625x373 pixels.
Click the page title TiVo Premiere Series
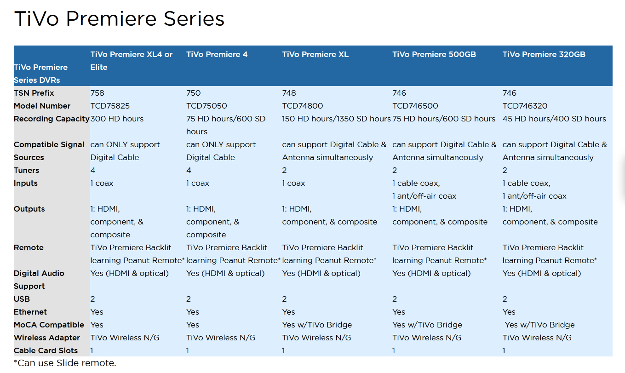point(119,19)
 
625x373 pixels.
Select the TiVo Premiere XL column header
point(315,54)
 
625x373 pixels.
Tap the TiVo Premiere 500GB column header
point(434,54)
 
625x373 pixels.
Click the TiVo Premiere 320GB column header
point(544,54)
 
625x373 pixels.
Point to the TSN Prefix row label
point(34,93)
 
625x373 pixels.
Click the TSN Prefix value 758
point(97,93)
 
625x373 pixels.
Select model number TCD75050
point(206,106)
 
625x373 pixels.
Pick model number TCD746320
point(525,106)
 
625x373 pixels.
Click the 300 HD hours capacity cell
point(117,119)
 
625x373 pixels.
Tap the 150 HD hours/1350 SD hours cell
point(336,119)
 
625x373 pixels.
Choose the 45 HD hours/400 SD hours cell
point(554,119)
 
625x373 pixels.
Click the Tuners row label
point(27,170)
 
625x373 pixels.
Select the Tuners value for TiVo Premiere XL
point(284,170)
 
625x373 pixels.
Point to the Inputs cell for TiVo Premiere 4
point(198,184)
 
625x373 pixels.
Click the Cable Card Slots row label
point(46,350)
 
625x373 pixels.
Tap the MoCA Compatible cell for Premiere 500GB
point(427,325)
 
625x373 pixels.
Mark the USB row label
point(22,299)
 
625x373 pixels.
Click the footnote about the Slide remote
point(65,363)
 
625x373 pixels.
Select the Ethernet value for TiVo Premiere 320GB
point(509,312)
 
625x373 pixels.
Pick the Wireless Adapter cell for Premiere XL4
point(125,338)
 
